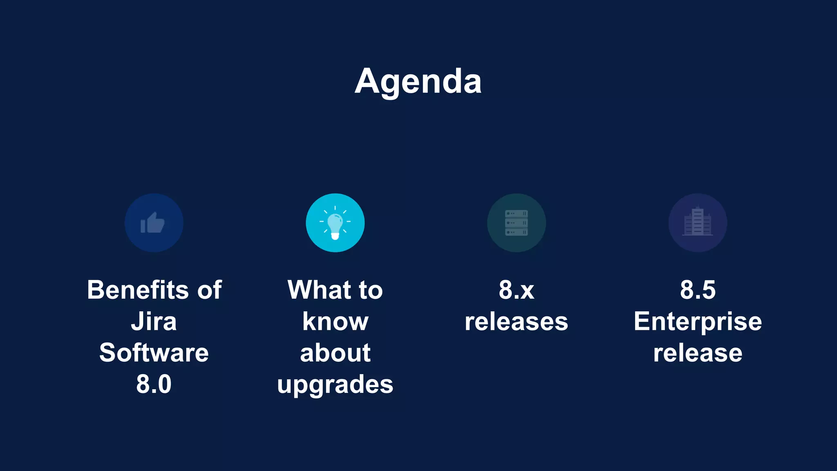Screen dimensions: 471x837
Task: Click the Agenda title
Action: [418, 81]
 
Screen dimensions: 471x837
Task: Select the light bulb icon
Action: [335, 223]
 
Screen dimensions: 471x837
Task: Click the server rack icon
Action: [516, 223]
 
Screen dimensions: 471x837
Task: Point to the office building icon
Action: [698, 223]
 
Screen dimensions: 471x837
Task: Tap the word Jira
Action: [154, 321]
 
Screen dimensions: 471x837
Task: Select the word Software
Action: [154, 353]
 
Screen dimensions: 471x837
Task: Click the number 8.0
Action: [154, 384]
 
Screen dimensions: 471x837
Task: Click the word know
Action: [335, 321]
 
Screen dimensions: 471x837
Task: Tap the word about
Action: [335, 353]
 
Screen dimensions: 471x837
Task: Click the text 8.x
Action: [516, 290]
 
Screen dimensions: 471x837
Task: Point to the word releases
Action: [516, 321]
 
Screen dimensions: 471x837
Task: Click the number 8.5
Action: [698, 290]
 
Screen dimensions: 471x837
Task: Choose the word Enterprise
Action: [698, 322]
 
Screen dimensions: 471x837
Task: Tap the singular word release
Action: [698, 353]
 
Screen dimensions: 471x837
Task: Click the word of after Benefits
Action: [210, 290]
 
